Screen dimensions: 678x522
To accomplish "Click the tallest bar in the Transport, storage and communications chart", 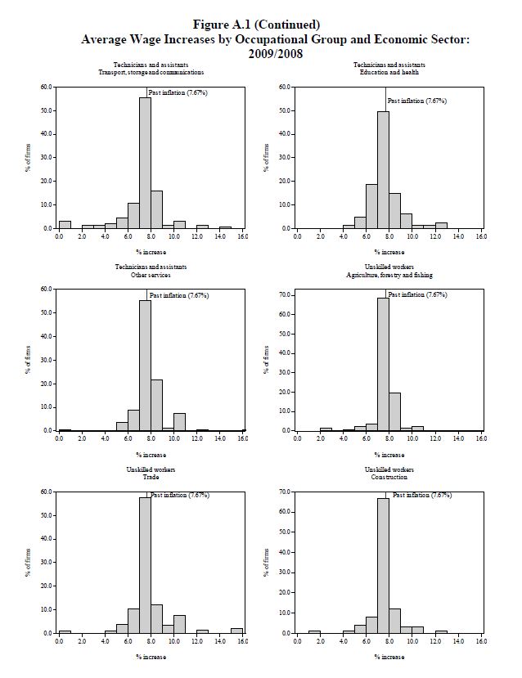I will pyautogui.click(x=145, y=164).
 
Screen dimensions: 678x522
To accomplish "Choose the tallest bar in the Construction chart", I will pyautogui.click(x=383, y=565).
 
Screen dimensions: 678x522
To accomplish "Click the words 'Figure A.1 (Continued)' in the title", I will pyautogui.click(x=262, y=25).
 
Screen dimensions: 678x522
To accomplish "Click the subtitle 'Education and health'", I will pyautogui.click(x=389, y=72).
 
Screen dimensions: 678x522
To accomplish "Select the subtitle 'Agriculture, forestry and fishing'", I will pyautogui.click(x=389, y=275).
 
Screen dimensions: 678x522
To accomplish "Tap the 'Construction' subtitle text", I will pyautogui.click(x=389, y=477).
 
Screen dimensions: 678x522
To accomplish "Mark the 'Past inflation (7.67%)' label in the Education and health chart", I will pyautogui.click(x=417, y=101).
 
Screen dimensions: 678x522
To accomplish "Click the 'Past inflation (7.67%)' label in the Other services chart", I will pyautogui.click(x=178, y=294).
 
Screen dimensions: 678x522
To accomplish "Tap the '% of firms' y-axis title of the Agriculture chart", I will pyautogui.click(x=266, y=360).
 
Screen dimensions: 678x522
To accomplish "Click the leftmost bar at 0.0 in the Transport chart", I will pyautogui.click(x=65, y=224).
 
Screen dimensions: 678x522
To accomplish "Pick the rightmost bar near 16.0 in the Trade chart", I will pyautogui.click(x=236, y=630).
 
